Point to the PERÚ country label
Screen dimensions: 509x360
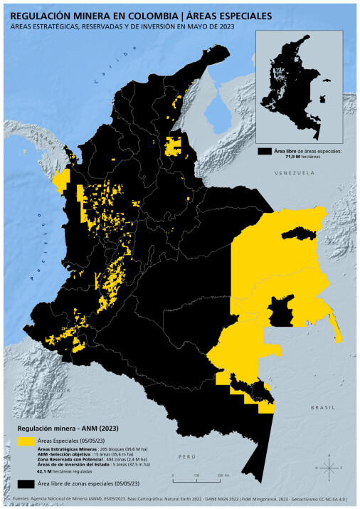click(187, 455)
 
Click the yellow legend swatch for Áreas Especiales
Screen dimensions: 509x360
click(26, 441)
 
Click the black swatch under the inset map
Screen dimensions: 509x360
click(265, 152)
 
